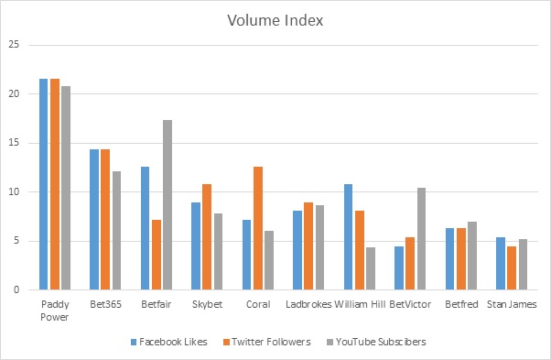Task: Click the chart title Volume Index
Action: pyautogui.click(x=275, y=17)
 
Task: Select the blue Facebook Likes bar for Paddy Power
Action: pyautogui.click(x=43, y=184)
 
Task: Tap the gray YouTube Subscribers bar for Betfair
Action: pyautogui.click(x=167, y=205)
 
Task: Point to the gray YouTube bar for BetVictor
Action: pyautogui.click(x=420, y=239)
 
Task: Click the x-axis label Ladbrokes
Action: pyautogui.click(x=308, y=303)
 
